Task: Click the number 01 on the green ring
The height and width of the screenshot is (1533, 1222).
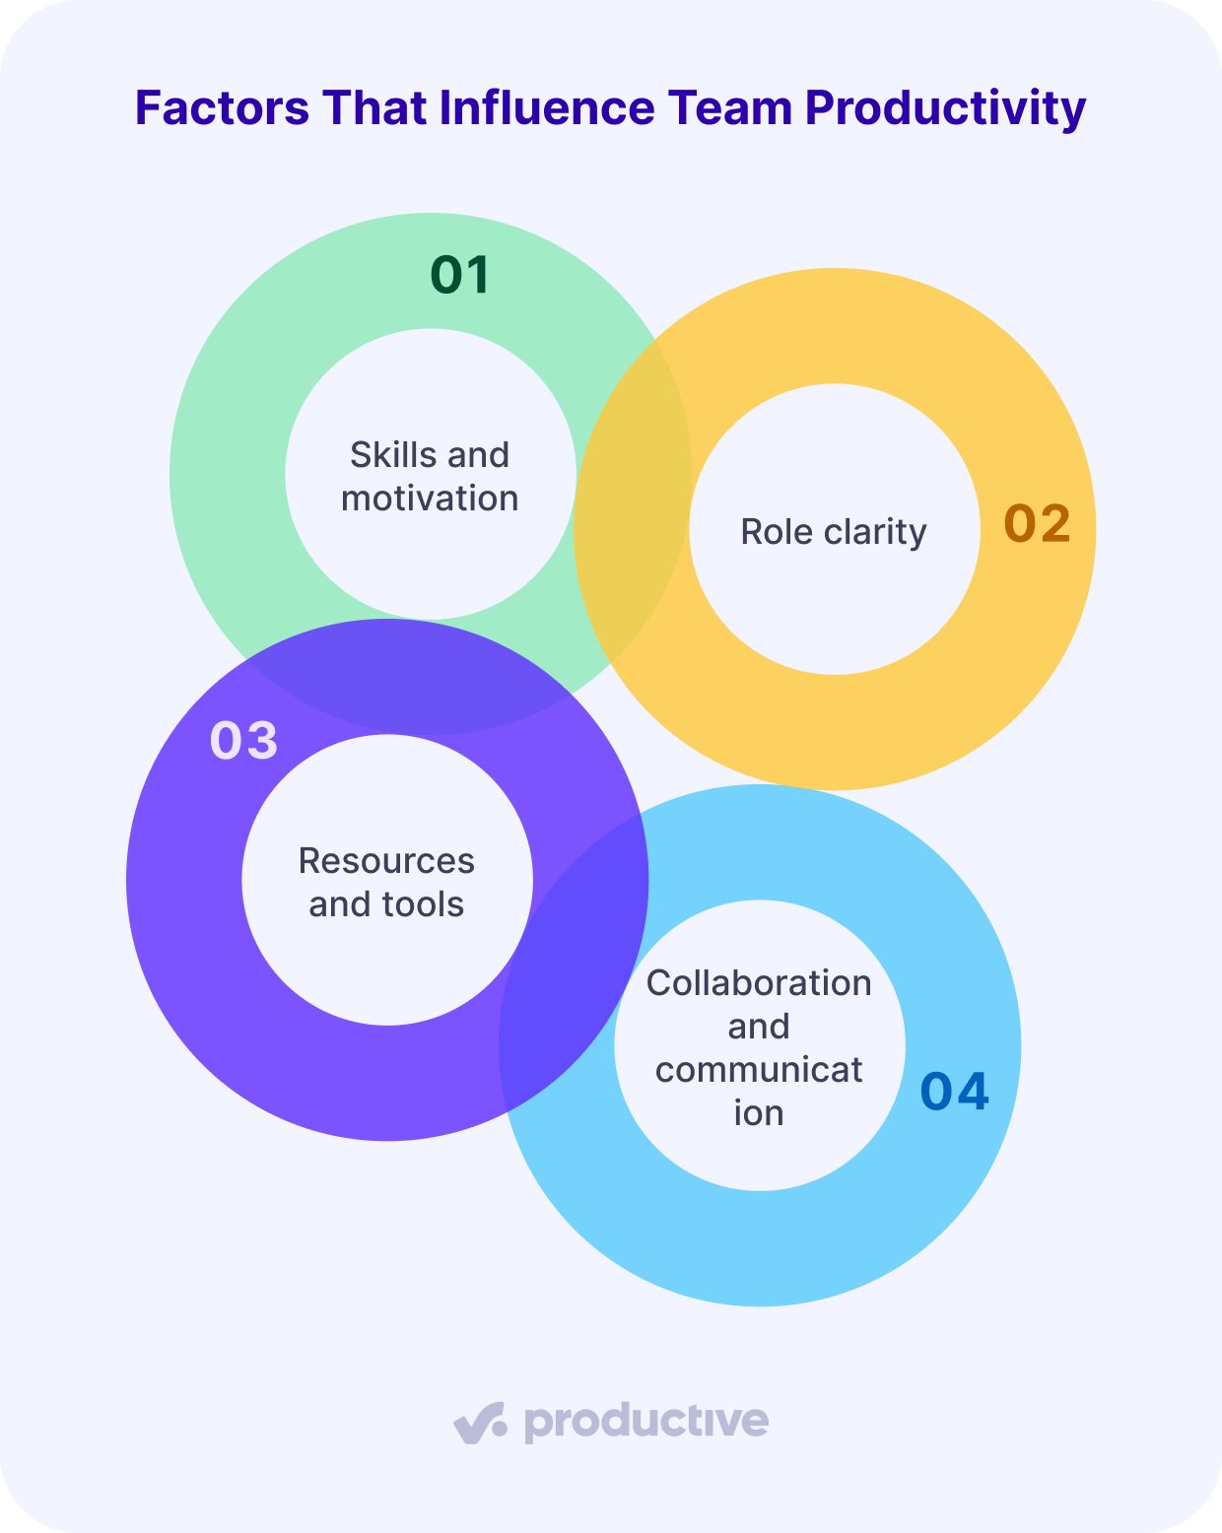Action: coord(460,275)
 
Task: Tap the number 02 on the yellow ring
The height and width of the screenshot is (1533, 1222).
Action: coord(1037,523)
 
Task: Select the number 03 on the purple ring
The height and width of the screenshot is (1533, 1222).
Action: coord(243,740)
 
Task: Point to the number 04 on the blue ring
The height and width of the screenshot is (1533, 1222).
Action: coord(954,1092)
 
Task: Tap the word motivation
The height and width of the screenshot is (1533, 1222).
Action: coord(430,499)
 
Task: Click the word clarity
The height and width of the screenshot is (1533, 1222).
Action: coord(876,532)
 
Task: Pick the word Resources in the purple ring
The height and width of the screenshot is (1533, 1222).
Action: coord(386,861)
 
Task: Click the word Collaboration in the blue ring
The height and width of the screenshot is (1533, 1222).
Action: coord(759,983)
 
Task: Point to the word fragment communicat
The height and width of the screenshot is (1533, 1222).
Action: coord(759,1070)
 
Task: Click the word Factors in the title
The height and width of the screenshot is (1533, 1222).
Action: coord(222,107)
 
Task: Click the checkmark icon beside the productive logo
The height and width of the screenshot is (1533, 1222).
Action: coord(480,1423)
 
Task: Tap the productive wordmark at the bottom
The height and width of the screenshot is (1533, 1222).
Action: coord(645,1423)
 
